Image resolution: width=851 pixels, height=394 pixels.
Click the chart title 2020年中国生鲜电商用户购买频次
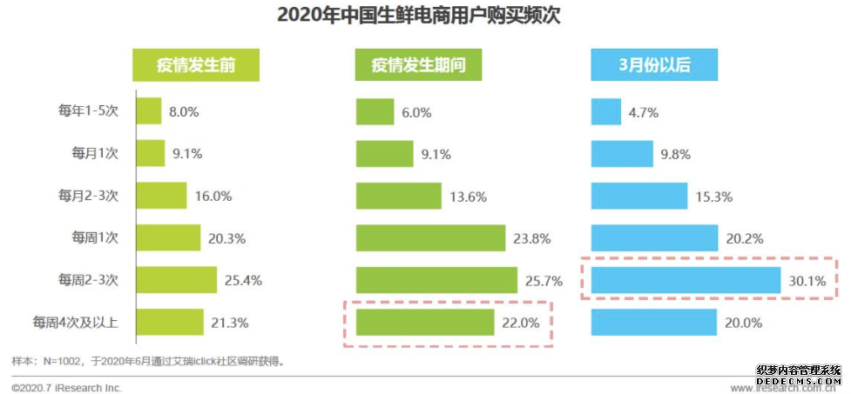click(425, 15)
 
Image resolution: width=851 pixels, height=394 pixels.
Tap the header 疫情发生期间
click(418, 65)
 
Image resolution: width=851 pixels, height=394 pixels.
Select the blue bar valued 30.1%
click(685, 280)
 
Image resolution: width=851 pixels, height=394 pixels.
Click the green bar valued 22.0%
click(424, 323)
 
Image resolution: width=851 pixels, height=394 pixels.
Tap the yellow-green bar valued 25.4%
click(175, 280)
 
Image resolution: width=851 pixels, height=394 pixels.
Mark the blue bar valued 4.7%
click(604, 111)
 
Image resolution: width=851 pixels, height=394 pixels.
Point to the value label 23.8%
click(536, 238)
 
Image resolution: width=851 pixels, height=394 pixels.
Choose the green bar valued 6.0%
click(375, 111)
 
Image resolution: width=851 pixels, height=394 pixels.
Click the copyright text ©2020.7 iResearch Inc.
click(67, 387)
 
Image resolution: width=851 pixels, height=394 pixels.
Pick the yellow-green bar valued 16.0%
click(160, 196)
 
